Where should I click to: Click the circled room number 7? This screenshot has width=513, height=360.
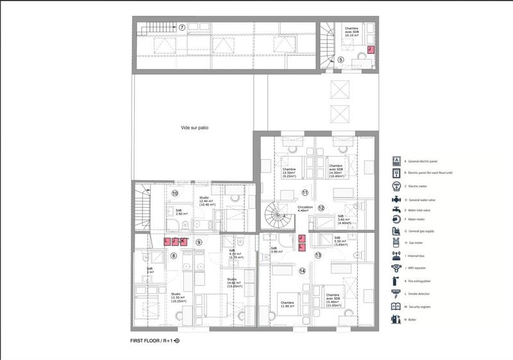[181, 28]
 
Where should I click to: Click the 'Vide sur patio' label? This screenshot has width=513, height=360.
[194, 128]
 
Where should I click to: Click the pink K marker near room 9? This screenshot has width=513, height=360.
[183, 241]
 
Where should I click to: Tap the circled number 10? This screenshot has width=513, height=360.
[174, 193]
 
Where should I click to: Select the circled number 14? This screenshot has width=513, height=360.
[302, 270]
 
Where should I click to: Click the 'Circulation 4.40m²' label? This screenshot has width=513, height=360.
[305, 209]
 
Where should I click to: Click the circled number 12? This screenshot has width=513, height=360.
[321, 207]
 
